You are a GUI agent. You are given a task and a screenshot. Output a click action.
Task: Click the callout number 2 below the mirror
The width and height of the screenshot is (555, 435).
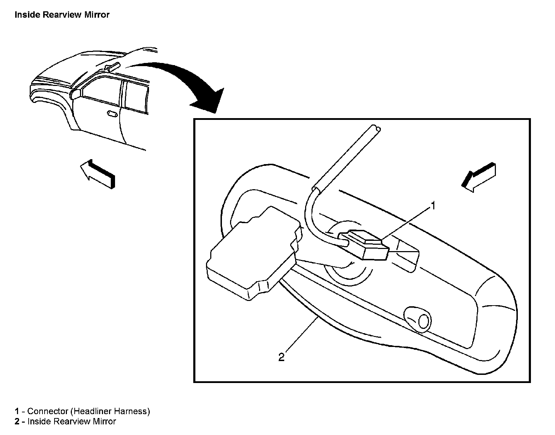pos(281,357)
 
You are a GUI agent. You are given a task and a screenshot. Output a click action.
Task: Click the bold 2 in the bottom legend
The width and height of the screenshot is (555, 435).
pos(17,422)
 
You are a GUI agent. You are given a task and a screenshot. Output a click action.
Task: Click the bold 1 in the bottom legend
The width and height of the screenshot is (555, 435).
pos(17,411)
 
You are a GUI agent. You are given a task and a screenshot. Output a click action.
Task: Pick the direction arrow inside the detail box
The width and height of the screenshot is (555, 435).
pos(479,177)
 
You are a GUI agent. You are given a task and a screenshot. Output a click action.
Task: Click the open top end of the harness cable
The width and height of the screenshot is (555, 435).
pos(376,129)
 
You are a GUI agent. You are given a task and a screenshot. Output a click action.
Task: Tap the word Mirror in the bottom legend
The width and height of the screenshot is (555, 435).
pos(104,422)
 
